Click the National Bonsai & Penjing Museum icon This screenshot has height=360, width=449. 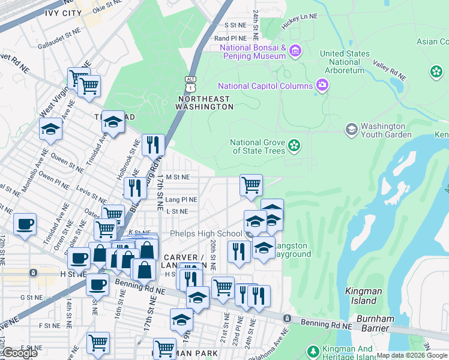[294, 51]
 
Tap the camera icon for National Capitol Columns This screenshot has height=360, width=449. [322, 85]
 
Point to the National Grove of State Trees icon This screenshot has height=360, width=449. [294, 145]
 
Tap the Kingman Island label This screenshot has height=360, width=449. [364, 291]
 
